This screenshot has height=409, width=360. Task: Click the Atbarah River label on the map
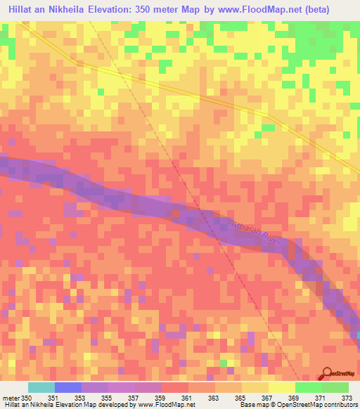click(255, 232)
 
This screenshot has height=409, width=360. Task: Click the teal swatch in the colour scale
click(41, 387)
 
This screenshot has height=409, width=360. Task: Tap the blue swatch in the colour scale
click(68, 387)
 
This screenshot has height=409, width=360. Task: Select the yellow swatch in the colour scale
click(282, 387)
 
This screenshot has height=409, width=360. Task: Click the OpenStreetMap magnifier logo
click(328, 373)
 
